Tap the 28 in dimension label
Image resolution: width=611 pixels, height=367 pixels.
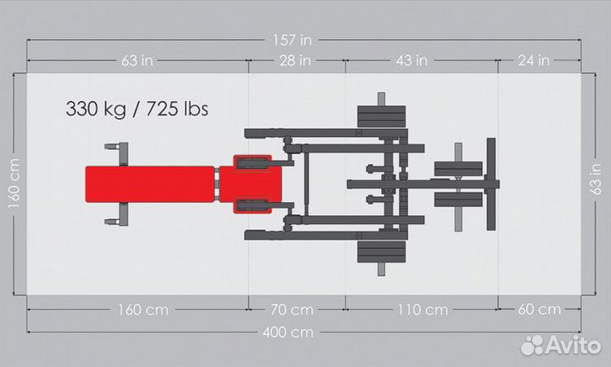click(295, 60)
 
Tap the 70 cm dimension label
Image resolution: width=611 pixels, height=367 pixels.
click(295, 309)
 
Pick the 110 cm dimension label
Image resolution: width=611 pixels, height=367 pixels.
click(422, 309)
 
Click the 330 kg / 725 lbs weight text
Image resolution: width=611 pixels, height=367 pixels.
click(137, 109)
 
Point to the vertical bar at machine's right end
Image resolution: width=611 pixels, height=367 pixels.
click(490, 184)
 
